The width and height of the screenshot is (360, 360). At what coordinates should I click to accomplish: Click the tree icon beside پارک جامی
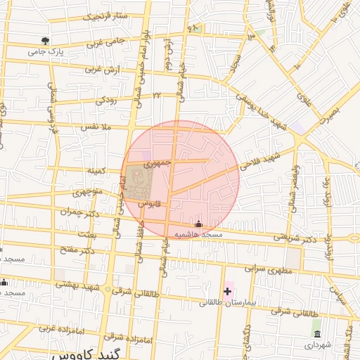click(46, 41)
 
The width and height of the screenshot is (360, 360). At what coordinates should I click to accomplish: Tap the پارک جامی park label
click(46, 51)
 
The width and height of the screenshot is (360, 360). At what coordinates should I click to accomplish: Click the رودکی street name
click(106, 101)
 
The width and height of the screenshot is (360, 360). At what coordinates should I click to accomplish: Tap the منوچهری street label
click(90, 192)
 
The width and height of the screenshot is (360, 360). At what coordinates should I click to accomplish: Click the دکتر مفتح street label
click(77, 250)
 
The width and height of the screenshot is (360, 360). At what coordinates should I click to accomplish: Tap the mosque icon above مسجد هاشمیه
click(199, 224)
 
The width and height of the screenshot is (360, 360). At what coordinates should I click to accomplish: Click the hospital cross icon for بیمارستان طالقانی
click(227, 290)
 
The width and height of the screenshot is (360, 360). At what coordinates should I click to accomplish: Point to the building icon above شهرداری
click(317, 333)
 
